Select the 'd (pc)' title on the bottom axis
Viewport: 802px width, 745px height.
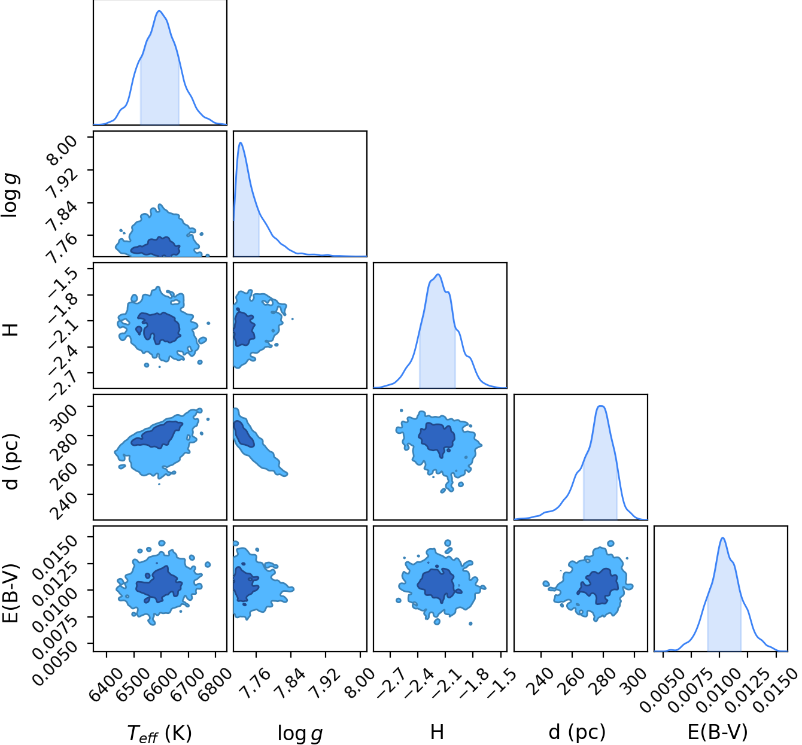(577, 731)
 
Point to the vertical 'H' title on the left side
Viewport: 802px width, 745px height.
(11, 330)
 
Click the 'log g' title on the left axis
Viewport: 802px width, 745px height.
(10, 195)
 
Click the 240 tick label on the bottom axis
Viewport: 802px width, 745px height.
(540, 680)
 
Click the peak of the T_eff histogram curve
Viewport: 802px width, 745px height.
(159, 11)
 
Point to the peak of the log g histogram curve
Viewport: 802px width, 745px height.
(241, 142)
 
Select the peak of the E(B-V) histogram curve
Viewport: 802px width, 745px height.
(722, 538)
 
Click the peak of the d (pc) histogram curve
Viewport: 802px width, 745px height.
(601, 406)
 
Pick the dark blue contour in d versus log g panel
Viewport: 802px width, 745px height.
(244, 434)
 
